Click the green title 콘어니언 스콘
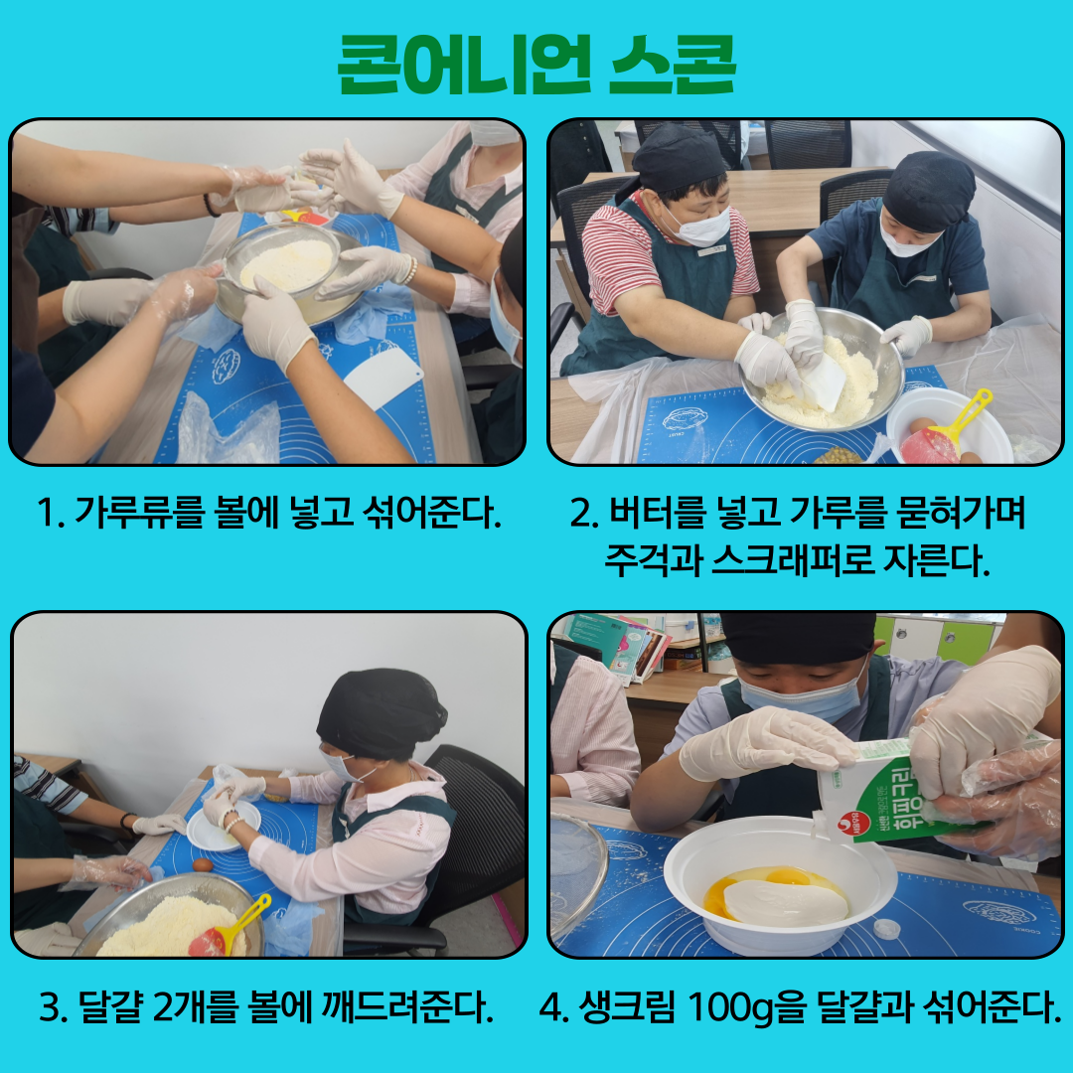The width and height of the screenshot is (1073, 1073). (x=536, y=65)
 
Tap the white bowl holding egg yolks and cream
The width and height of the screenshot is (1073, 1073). (x=780, y=885)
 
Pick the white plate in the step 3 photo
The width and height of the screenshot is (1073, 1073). (x=224, y=826)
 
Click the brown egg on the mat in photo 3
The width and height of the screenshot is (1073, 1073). (x=203, y=865)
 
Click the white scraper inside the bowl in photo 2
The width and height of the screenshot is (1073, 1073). (x=824, y=383)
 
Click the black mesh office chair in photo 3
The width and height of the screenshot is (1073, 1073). (x=472, y=835)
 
